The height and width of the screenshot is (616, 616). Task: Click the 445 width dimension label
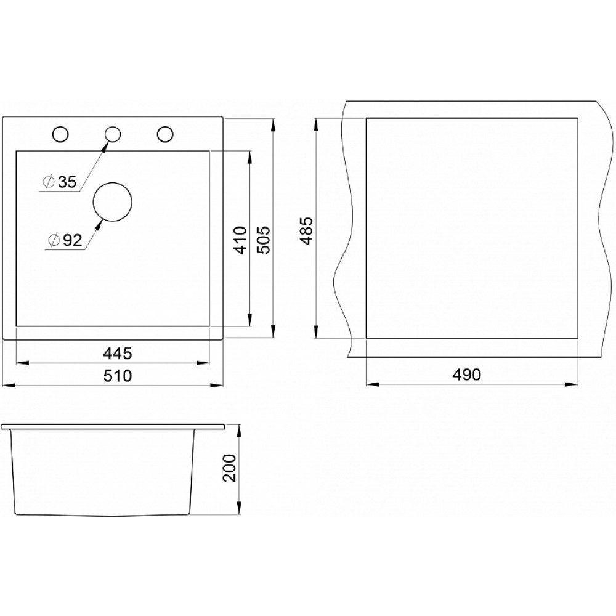118,354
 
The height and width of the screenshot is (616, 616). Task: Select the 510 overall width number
118,376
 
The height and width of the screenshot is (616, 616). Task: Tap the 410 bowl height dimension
240,240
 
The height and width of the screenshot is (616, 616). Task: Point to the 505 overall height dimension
263,240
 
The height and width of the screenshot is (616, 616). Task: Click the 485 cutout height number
306,231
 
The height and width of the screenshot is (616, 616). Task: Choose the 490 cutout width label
466,375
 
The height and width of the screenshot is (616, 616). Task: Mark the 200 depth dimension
229,468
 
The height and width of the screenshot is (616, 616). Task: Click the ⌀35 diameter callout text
60,182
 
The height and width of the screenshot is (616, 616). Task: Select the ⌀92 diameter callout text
65,240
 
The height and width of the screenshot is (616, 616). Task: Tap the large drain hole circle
112,183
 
